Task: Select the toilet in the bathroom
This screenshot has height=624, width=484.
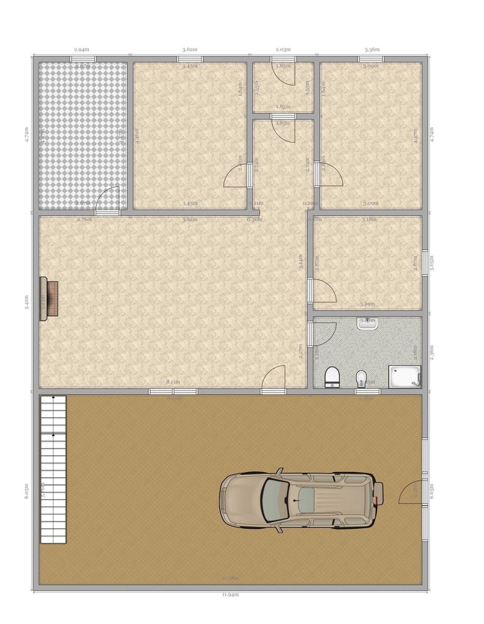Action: [x=332, y=376]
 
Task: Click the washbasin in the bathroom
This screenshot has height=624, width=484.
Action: [x=367, y=323]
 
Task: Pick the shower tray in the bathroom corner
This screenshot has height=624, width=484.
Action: [x=404, y=376]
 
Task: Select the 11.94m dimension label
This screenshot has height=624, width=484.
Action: [x=230, y=594]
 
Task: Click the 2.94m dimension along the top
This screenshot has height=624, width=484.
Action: [x=81, y=49]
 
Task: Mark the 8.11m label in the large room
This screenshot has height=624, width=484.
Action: [x=173, y=382]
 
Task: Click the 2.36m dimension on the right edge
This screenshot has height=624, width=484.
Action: [x=431, y=352]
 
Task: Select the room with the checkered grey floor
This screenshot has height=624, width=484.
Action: [x=83, y=135]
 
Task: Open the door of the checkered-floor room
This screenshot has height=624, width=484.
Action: [x=108, y=200]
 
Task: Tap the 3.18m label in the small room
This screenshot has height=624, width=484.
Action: [x=368, y=219]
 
